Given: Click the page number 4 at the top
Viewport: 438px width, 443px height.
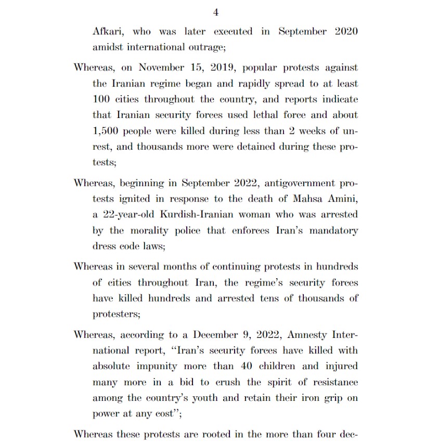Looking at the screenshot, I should (216, 12).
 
